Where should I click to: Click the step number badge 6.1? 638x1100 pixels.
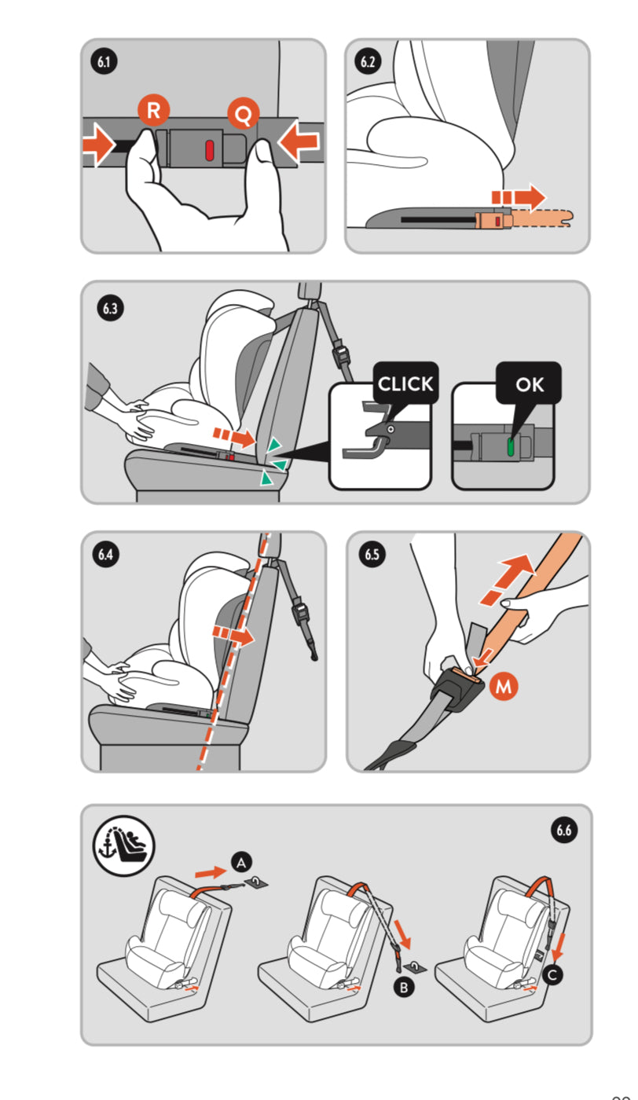[104, 61]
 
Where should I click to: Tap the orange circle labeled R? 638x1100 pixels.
[153, 110]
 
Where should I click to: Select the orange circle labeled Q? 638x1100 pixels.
[243, 113]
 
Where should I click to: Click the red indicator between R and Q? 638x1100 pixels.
[209, 150]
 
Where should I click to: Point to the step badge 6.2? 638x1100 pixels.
[368, 61]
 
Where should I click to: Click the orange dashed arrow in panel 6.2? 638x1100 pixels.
[518, 197]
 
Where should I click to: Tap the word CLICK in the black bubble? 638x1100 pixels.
[405, 384]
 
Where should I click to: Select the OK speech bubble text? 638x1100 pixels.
[530, 385]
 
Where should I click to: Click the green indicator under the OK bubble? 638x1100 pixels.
[511, 447]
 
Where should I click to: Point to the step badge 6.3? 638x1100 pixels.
[110, 308]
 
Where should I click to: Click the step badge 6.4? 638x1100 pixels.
[105, 555]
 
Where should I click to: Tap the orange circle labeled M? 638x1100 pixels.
[504, 686]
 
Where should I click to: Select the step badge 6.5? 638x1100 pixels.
[372, 555]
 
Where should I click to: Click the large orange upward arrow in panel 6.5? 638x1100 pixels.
[508, 579]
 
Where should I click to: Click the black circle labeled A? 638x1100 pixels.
[241, 863]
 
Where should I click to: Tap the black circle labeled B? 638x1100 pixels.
[404, 987]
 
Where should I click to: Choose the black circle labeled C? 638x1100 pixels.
[552, 975]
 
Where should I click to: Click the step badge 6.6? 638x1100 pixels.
[564, 830]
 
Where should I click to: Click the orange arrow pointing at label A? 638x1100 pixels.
[211, 871]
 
